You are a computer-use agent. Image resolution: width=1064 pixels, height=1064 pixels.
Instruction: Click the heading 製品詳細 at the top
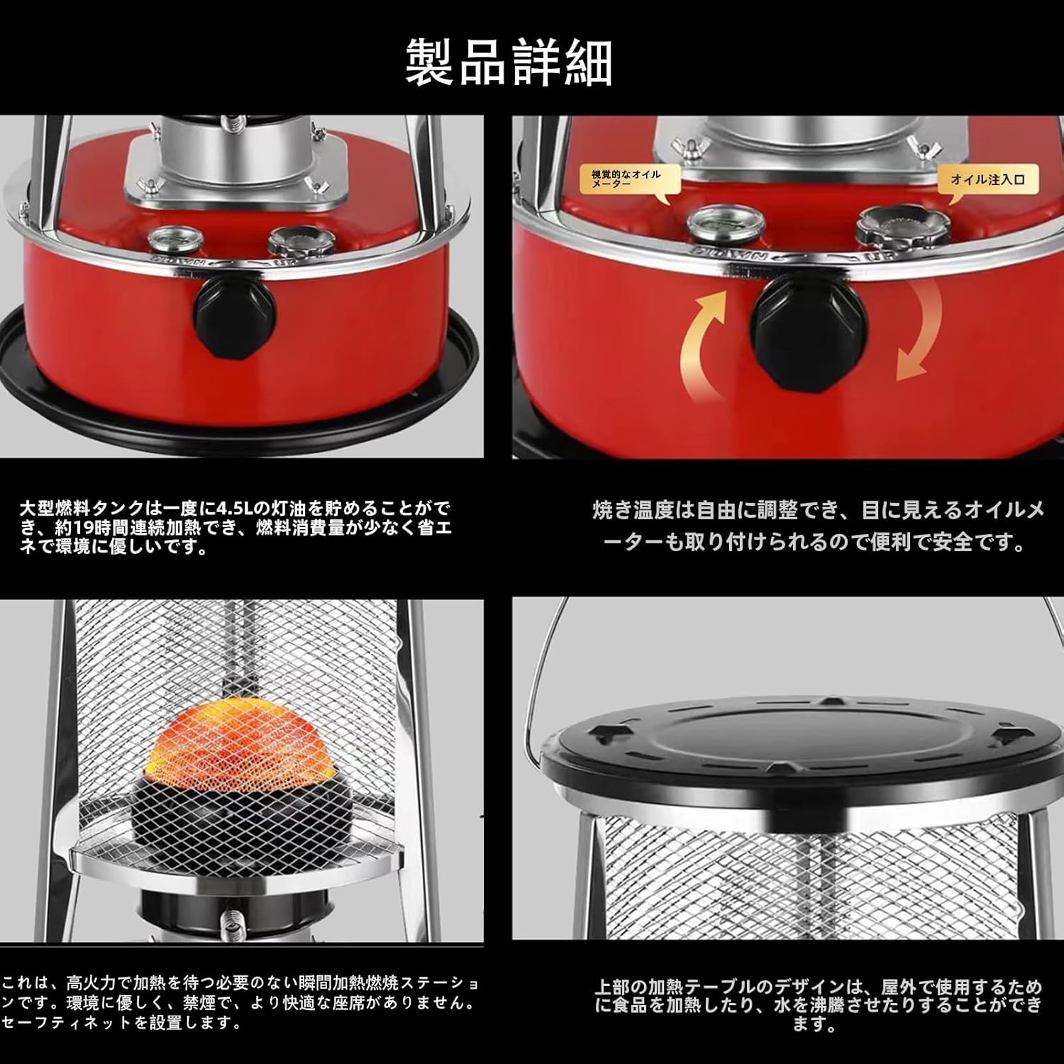[509, 63]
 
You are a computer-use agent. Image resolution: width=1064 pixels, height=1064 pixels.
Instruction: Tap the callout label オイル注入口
[987, 179]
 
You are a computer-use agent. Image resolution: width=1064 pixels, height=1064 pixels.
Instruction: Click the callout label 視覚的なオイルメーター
[626, 179]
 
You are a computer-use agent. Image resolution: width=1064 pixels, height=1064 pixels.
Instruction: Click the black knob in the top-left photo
[234, 313]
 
